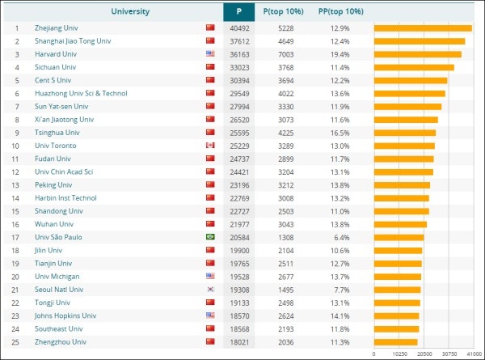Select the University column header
[x=112, y=12]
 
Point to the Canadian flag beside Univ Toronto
[x=211, y=146]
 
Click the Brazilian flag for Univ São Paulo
[x=211, y=237]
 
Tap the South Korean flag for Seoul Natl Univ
[x=211, y=290]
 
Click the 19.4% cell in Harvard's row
[x=339, y=54]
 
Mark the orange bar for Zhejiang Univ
[x=423, y=28]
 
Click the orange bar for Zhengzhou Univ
[x=396, y=342]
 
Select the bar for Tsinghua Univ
[x=405, y=133]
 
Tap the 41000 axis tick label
[x=474, y=354]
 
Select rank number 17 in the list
[x=15, y=237]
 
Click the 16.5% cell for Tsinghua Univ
[x=339, y=133]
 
